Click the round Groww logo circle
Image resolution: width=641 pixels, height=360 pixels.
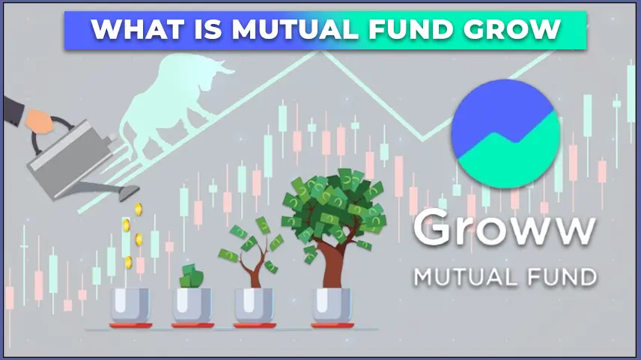click(x=505, y=134)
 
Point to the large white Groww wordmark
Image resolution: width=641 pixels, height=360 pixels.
click(x=505, y=228)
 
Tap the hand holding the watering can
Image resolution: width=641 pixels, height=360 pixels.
click(x=39, y=121)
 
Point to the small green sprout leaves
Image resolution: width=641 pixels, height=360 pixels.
click(x=191, y=276)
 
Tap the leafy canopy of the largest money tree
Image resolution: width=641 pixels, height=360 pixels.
click(x=333, y=204)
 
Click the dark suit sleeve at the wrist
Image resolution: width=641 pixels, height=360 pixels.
click(x=13, y=109)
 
